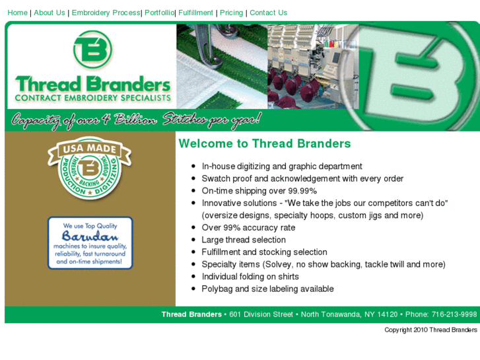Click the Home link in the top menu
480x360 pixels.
click(17, 13)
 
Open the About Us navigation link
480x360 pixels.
click(50, 13)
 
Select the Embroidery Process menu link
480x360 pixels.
click(106, 13)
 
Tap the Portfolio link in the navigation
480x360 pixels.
click(159, 13)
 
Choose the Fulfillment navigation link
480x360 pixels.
click(196, 13)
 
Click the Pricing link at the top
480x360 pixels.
click(231, 13)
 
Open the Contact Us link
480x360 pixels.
click(268, 13)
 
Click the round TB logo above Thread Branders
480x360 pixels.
click(92, 52)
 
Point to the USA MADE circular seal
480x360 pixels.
click(89, 168)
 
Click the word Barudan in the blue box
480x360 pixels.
click(90, 236)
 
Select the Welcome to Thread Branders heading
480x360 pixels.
click(265, 143)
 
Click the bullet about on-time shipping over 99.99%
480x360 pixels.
click(259, 191)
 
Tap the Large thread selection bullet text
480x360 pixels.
click(244, 240)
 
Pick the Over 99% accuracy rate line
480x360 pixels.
click(248, 228)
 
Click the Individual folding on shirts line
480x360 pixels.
click(250, 277)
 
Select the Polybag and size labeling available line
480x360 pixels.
click(267, 289)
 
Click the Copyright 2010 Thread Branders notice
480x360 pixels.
click(430, 330)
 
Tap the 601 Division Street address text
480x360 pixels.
click(261, 314)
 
